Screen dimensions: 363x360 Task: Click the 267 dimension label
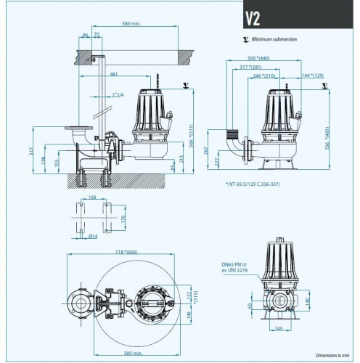(x=207, y=152)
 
